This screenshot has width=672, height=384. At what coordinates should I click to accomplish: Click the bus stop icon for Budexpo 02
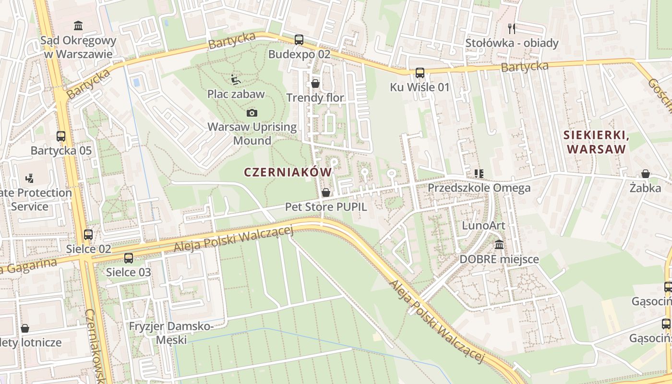[299, 40]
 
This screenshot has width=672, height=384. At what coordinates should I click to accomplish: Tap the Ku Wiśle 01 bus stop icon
[420, 73]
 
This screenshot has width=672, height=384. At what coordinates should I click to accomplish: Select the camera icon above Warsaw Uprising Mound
[252, 113]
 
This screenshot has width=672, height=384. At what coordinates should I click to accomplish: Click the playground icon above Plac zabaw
[236, 80]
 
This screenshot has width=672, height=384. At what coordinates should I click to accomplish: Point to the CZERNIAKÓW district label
[288, 172]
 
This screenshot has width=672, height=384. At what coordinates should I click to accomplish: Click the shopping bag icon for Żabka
[646, 174]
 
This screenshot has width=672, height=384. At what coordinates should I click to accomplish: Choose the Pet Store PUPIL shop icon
[326, 192]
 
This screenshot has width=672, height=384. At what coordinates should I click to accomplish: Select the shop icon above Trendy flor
[315, 84]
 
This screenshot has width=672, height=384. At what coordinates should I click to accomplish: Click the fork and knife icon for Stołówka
[512, 29]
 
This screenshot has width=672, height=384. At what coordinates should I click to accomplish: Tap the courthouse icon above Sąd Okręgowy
[78, 25]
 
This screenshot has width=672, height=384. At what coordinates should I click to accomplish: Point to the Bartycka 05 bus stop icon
[61, 136]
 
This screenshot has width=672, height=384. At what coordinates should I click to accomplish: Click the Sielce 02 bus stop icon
[88, 235]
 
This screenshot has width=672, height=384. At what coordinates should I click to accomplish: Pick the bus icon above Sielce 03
[129, 258]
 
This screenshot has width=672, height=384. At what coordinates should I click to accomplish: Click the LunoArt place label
[483, 226]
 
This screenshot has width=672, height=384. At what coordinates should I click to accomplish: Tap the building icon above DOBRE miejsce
[499, 245]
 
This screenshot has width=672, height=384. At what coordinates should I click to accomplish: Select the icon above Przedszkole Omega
[479, 173]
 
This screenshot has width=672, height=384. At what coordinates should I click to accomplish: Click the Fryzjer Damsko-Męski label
[171, 333]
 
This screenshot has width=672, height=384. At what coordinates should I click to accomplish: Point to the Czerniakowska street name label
[95, 346]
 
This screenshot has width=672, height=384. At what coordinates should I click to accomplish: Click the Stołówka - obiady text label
[512, 43]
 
